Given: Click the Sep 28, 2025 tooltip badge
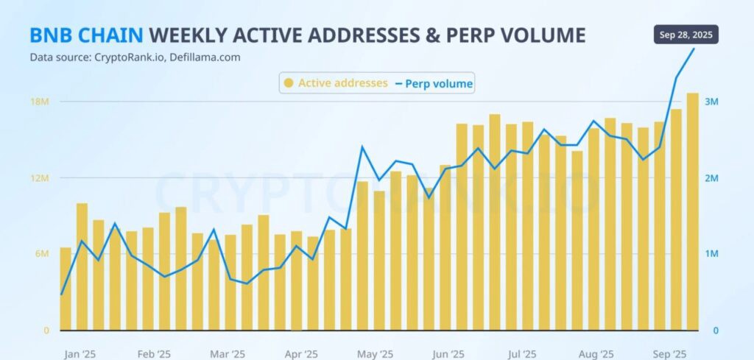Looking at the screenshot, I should (686, 35).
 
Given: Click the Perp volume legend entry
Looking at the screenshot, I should (434, 84).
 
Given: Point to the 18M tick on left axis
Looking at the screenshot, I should (39, 102).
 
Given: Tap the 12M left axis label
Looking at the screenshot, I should (39, 178).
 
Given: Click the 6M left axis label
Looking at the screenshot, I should (41, 254).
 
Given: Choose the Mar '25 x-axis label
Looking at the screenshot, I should (227, 354).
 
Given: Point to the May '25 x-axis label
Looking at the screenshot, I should (375, 354).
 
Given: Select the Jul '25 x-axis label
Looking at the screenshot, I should (522, 354).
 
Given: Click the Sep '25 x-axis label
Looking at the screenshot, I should (669, 354).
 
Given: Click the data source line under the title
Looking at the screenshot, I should (135, 57).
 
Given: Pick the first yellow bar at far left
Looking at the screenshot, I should (66, 289).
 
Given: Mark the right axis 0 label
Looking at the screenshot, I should (715, 331).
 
